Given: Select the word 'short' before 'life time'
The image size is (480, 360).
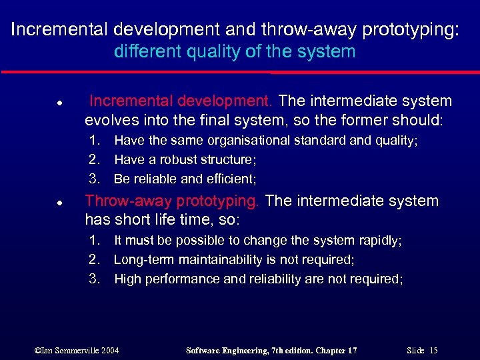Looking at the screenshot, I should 129,221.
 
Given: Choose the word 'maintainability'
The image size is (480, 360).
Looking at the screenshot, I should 209,260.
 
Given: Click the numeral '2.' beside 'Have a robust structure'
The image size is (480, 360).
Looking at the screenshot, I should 95,160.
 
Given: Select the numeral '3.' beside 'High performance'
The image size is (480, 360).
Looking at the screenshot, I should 95,279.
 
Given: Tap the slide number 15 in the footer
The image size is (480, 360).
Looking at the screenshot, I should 433,351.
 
